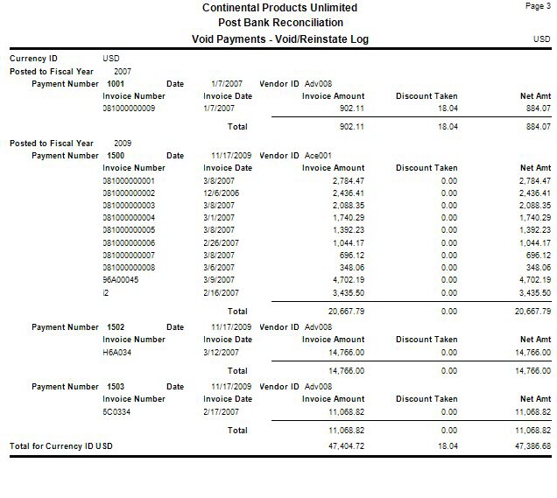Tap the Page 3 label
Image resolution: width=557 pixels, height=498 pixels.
pyautogui.click(x=535, y=6)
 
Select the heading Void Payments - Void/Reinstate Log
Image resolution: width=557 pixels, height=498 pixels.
pyautogui.click(x=279, y=39)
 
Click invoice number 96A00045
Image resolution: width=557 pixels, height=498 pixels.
pyautogui.click(x=122, y=280)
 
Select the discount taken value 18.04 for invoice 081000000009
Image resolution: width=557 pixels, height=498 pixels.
pyautogui.click(x=448, y=109)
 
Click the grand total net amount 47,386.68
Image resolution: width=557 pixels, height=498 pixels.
pyautogui.click(x=531, y=446)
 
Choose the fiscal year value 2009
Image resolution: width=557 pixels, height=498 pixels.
pyautogui.click(x=123, y=143)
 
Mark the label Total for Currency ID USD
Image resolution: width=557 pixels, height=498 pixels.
pyautogui.click(x=61, y=446)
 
